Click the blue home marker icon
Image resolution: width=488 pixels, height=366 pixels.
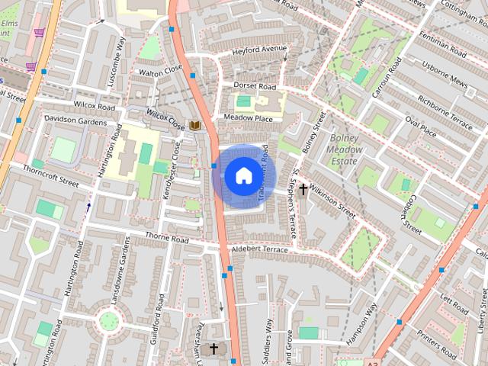pyautogui.click(x=242, y=175)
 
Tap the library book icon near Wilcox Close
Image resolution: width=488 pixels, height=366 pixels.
pyautogui.click(x=195, y=125)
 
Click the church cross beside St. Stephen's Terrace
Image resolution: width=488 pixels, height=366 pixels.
pyautogui.click(x=303, y=188)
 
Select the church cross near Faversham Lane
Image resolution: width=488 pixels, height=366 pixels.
pyautogui.click(x=213, y=349)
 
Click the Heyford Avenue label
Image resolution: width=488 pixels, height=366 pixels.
pyautogui.click(x=261, y=50)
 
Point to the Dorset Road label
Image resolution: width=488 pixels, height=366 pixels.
pyautogui.click(x=255, y=86)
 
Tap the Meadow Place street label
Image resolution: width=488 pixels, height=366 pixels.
pyautogui.click(x=248, y=118)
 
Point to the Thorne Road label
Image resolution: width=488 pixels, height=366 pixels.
pyautogui.click(x=166, y=239)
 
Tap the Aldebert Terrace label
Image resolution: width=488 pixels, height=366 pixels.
pyautogui.click(x=260, y=249)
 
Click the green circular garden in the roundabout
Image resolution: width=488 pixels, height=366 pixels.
pyautogui.click(x=109, y=319)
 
